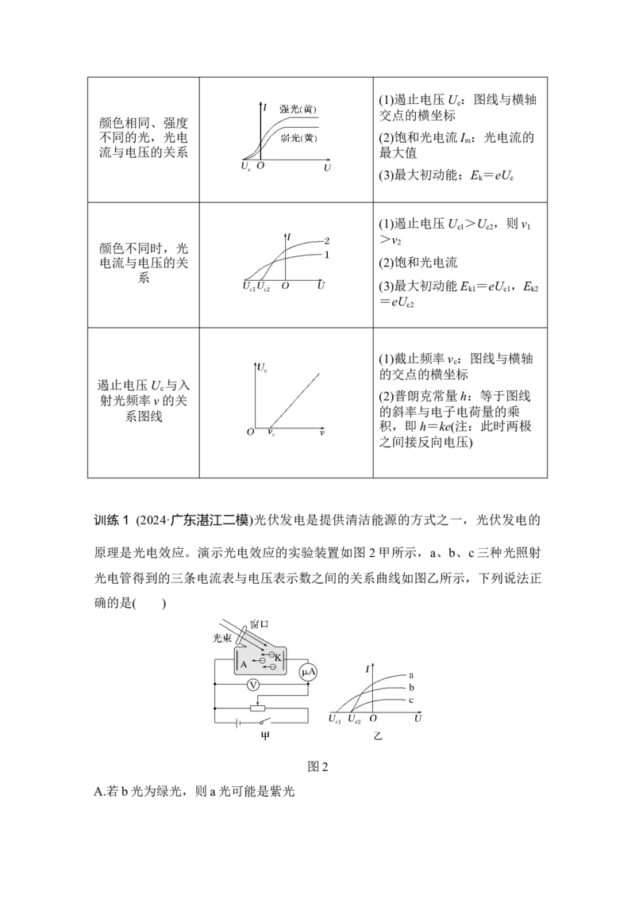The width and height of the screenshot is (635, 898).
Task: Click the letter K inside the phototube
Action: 278,658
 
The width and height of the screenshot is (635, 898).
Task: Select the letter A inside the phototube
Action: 244,665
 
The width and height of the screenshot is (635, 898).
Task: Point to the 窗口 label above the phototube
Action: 259,624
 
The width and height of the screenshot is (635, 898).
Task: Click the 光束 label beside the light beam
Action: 221,638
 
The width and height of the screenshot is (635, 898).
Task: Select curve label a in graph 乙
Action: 411,675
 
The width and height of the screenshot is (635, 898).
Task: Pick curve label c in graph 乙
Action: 411,700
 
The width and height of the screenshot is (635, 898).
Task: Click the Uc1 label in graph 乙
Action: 335,719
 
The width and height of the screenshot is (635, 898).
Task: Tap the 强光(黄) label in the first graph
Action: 298,109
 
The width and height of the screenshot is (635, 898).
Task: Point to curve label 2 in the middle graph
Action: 327,240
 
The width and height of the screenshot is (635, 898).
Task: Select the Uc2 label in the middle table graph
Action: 264,286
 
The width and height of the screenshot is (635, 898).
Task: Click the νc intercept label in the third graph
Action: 271,432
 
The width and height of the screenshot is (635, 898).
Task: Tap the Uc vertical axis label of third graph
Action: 263,367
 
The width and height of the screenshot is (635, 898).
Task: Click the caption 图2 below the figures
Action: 317,767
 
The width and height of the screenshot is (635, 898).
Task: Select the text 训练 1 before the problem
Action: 111,520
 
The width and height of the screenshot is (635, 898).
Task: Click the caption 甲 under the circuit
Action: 265,736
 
